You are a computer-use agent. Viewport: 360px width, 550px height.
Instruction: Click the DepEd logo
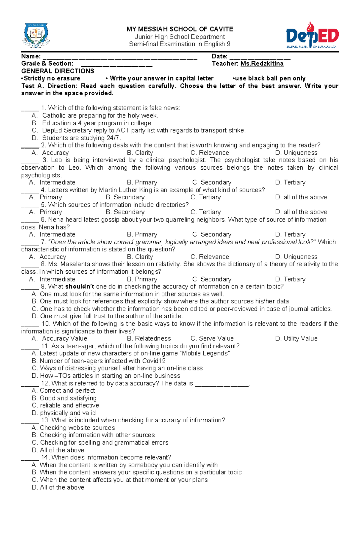312,36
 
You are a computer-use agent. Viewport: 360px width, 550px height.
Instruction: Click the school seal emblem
36,36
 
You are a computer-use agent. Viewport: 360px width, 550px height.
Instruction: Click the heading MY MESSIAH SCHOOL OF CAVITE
180,29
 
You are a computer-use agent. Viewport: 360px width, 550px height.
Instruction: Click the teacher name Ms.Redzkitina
262,64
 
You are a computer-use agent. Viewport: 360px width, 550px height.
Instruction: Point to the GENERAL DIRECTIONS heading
58,71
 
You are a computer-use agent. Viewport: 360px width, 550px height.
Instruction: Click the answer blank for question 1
30,109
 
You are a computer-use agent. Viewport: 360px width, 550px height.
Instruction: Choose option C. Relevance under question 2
210,153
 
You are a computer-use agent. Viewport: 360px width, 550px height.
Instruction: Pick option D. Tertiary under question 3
290,183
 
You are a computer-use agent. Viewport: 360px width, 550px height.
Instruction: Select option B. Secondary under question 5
125,212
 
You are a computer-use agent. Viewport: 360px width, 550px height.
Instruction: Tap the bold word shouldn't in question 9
79,287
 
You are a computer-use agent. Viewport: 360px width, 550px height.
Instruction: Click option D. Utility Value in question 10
296,339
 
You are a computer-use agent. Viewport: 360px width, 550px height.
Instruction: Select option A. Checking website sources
73,428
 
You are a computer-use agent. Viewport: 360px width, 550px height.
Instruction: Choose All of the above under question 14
58,487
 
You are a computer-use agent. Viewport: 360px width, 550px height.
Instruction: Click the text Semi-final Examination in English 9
180,44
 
